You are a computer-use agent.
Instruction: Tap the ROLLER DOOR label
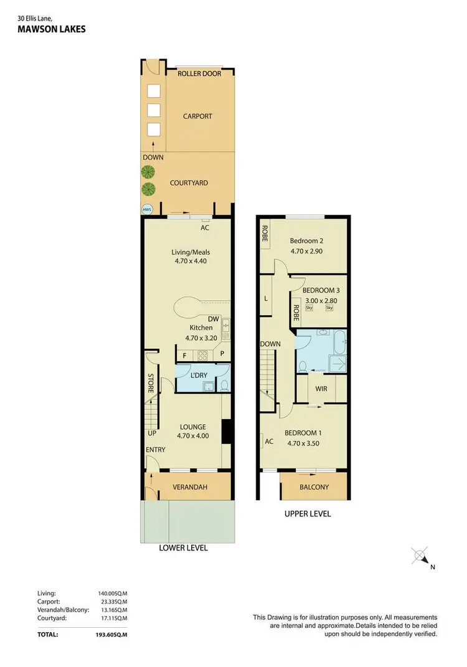point(197,73)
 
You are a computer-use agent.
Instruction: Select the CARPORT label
point(197,116)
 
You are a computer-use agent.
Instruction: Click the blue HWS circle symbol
point(148,209)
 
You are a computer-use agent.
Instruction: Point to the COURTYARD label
point(189,183)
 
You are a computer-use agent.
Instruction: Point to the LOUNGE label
point(192,427)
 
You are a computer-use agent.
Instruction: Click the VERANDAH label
point(189,487)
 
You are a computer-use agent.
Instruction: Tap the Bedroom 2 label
point(306,241)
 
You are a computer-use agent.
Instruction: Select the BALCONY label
point(314,488)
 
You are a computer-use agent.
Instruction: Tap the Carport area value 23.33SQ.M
point(110,602)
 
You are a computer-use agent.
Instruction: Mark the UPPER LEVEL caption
point(307,514)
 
